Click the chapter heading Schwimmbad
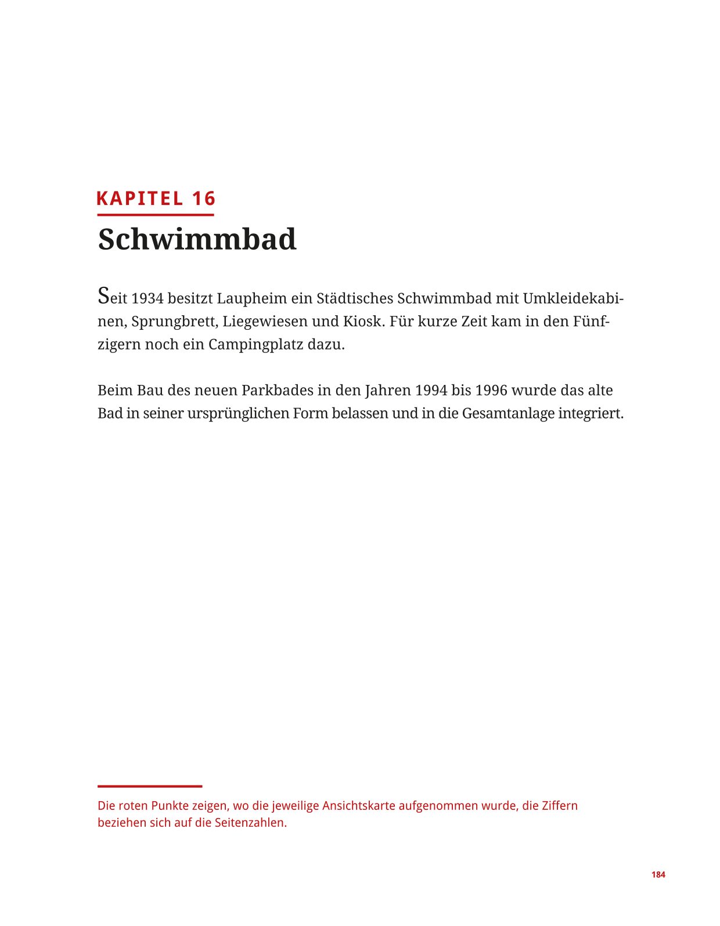(x=197, y=239)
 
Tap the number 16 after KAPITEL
(x=204, y=199)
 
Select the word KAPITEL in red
(x=139, y=199)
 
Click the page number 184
(x=658, y=874)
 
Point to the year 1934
(x=147, y=298)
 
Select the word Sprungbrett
(x=174, y=321)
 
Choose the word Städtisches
(x=355, y=298)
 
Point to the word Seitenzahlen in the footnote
(x=250, y=823)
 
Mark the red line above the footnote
(x=150, y=786)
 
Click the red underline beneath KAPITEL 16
(x=156, y=215)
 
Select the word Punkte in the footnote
(x=170, y=806)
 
